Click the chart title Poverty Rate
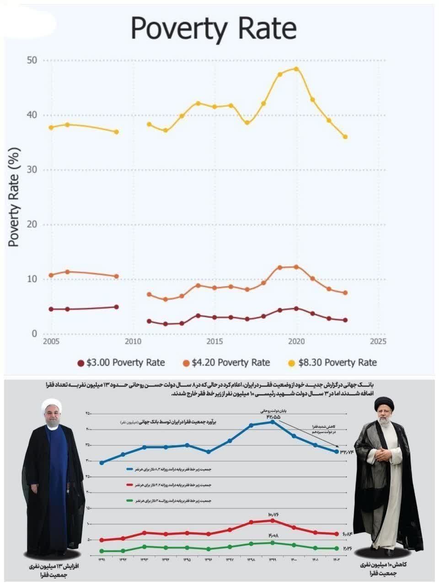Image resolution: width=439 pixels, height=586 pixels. click(x=214, y=28)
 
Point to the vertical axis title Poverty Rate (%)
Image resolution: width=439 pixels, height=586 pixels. click(x=15, y=198)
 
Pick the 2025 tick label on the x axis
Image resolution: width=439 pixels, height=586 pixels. click(x=378, y=342)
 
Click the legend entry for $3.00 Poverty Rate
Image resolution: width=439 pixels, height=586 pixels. click(x=121, y=363)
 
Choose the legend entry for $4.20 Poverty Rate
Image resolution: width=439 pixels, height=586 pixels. click(x=226, y=363)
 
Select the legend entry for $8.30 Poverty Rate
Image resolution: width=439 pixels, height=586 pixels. click(x=332, y=363)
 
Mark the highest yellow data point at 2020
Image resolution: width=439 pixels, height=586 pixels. click(x=296, y=69)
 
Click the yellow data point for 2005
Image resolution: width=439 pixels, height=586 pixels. click(x=51, y=127)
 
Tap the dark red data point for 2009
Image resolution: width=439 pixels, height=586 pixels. click(x=117, y=307)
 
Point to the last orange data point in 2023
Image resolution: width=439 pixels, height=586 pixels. click(x=345, y=293)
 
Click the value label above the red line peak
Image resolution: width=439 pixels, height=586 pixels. click(x=273, y=515)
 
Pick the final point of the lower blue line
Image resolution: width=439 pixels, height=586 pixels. click(x=337, y=451)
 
